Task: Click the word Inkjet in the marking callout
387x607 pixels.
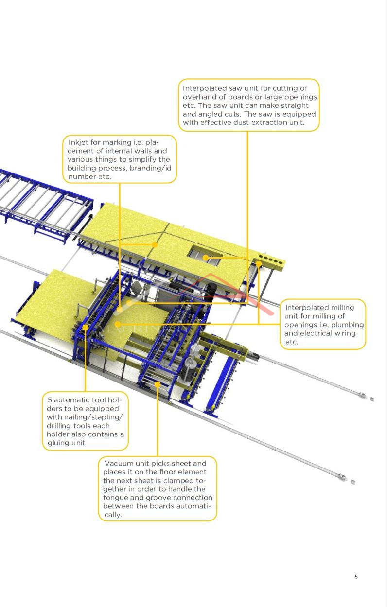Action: pyautogui.click(x=78, y=142)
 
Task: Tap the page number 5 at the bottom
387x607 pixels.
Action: pyautogui.click(x=356, y=577)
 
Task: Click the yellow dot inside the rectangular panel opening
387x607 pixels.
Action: pyautogui.click(x=206, y=258)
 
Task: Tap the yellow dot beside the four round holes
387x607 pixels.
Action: pyautogui.click(x=259, y=264)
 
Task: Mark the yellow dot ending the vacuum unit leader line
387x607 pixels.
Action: pyautogui.click(x=158, y=384)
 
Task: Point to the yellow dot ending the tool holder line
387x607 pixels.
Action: pyautogui.click(x=85, y=327)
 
